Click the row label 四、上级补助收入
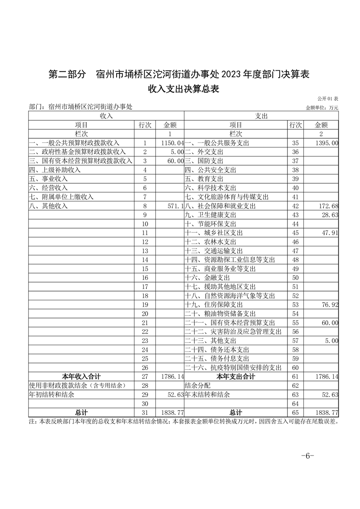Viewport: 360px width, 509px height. (54, 170)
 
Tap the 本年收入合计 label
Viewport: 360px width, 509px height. (81, 376)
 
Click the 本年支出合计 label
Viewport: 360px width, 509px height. (236, 376)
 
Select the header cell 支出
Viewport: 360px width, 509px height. (261, 116)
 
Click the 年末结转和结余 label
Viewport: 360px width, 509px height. (207, 394)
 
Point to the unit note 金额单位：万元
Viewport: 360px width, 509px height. (322, 108)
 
